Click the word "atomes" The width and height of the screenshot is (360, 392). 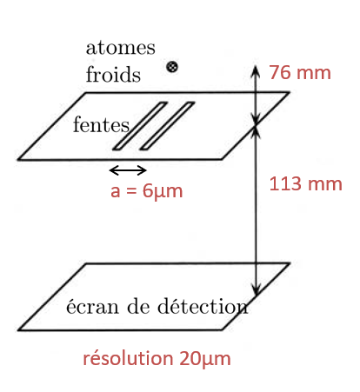[x=121, y=48]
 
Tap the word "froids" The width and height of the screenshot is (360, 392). [x=113, y=74]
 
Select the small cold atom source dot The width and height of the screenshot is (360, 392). [x=172, y=67]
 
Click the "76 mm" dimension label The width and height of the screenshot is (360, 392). [x=300, y=72]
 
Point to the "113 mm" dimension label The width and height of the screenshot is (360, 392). [x=306, y=184]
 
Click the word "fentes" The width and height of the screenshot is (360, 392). [x=101, y=125]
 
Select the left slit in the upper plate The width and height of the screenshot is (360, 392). [x=140, y=126]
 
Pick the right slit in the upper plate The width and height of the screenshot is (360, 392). [x=167, y=126]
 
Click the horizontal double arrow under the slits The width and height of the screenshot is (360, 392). [x=128, y=170]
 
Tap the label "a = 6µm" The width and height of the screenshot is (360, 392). [x=147, y=191]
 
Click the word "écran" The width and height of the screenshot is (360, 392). [x=93, y=306]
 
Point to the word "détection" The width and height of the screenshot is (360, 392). [x=203, y=306]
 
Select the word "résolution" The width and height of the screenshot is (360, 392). [x=128, y=358]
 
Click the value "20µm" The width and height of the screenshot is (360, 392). [x=205, y=359]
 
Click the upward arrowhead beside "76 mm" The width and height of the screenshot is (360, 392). [x=256, y=71]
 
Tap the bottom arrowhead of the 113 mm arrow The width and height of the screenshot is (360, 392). [x=256, y=289]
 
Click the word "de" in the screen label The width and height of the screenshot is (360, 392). [x=138, y=306]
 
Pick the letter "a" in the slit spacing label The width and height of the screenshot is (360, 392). [x=115, y=192]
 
